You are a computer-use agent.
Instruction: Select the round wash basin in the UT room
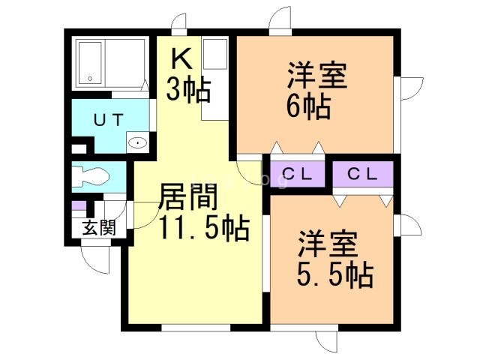coord(138,142)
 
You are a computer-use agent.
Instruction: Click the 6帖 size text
coord(307,107)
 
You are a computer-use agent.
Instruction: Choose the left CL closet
coord(296,175)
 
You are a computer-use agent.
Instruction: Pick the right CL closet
coord(363,175)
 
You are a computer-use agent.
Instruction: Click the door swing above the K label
coord(178,24)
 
